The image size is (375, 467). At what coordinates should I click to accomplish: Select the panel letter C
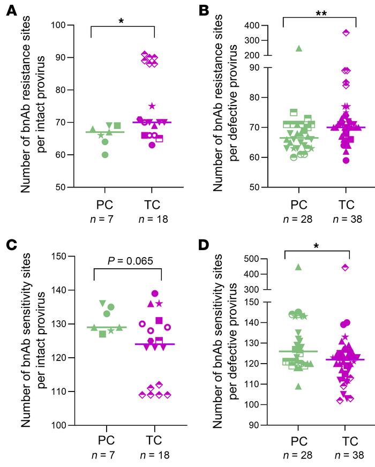click(10, 245)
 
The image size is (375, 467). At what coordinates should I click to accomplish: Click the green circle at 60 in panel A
click(105, 155)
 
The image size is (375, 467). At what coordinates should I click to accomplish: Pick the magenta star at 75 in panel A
click(152, 106)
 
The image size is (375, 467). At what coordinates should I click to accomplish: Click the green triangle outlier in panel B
click(299, 49)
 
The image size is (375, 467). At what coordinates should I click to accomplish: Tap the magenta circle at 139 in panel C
click(155, 293)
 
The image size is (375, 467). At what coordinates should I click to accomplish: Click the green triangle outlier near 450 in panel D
click(298, 267)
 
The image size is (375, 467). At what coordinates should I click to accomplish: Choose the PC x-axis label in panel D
click(299, 438)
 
